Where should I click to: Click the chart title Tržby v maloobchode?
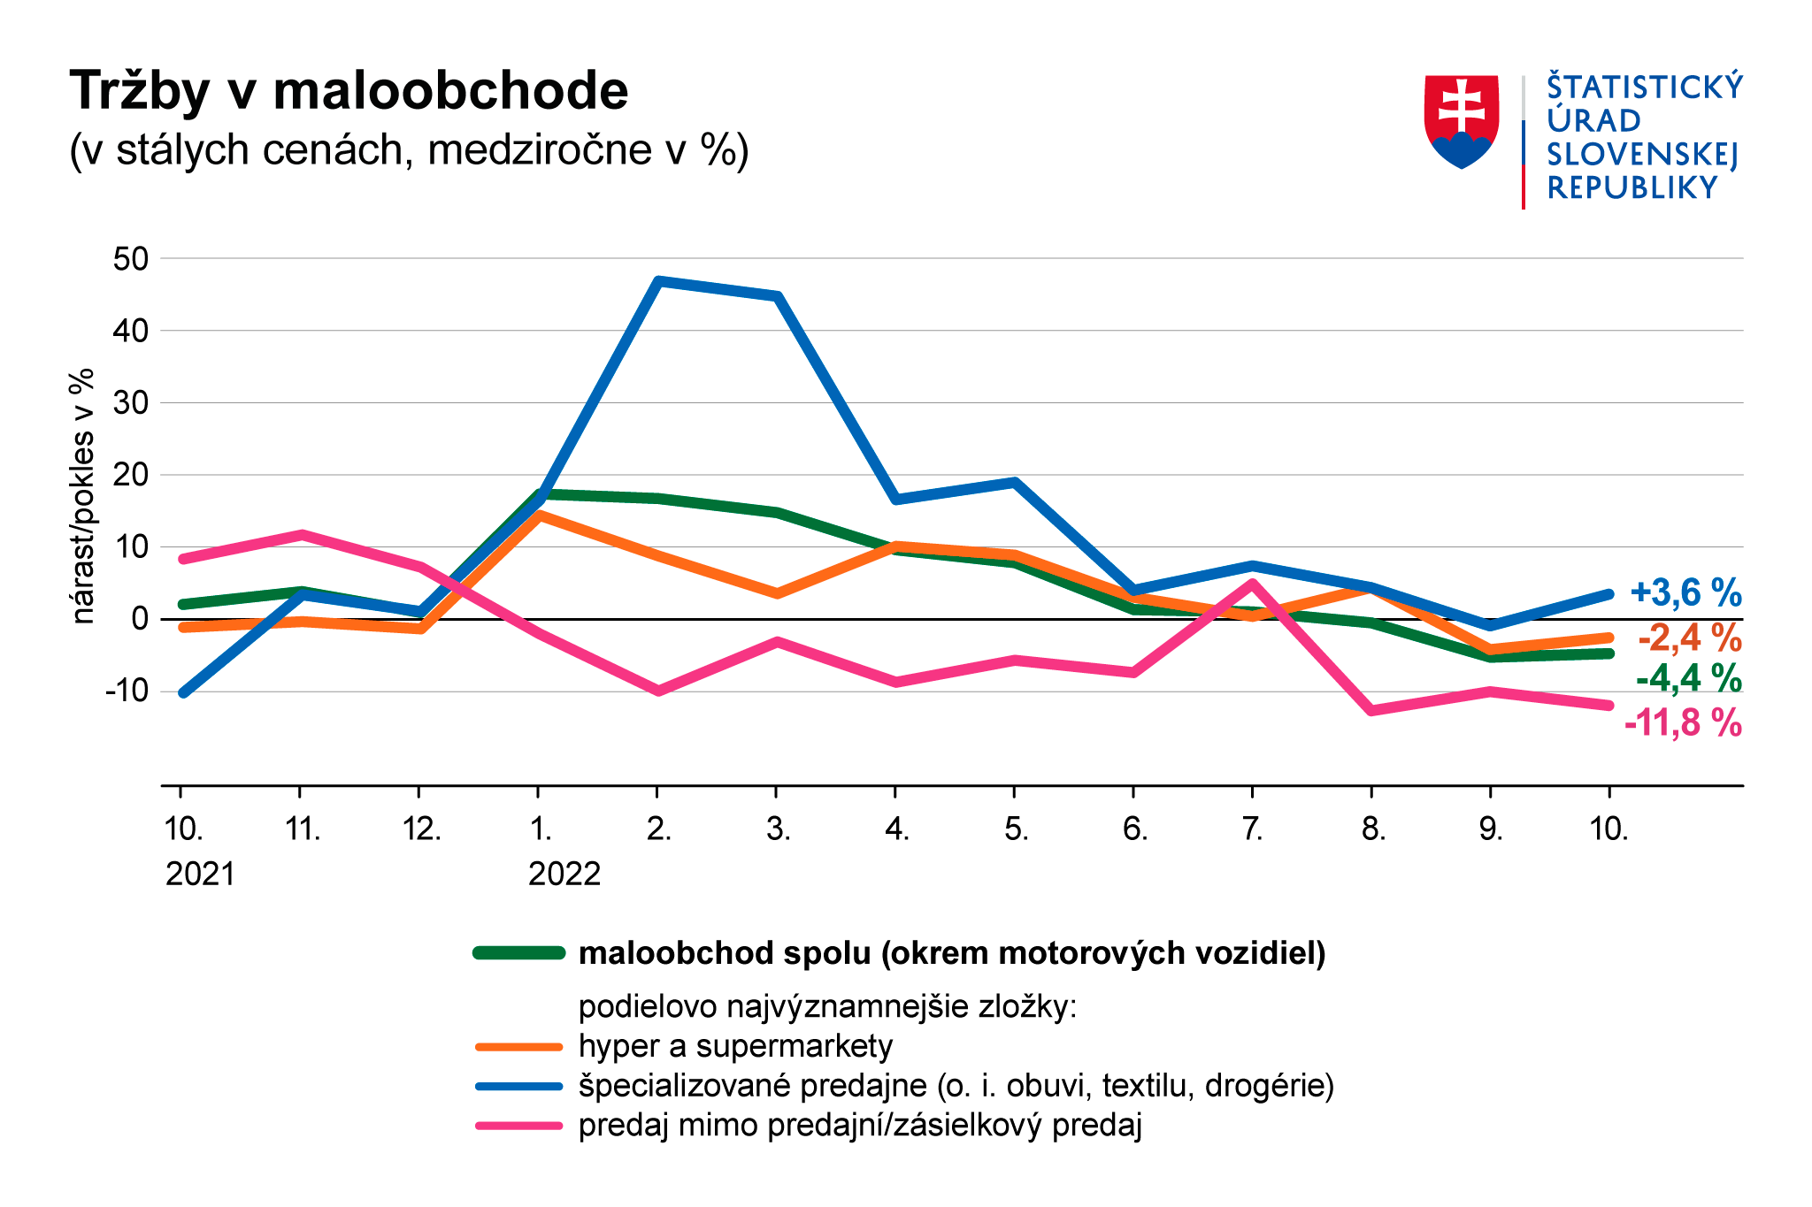[349, 91]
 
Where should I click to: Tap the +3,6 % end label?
[1685, 592]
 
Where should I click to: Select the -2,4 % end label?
[1689, 637]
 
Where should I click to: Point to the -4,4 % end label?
[1688, 679]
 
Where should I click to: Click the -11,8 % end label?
[1683, 723]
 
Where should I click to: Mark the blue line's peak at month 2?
[657, 281]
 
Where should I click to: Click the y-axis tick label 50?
[130, 259]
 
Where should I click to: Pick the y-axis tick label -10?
[127, 691]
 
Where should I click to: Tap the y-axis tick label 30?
[130, 402]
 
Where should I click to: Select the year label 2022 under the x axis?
[564, 874]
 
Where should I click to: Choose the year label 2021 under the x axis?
[201, 874]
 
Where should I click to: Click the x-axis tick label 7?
[1252, 829]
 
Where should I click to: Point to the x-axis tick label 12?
[421, 829]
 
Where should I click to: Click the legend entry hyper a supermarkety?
[735, 1046]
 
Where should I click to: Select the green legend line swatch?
[518, 953]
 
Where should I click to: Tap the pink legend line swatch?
[518, 1126]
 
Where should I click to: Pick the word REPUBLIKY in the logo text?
[1632, 188]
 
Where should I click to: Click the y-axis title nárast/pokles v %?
[83, 496]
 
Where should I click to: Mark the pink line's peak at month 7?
[1252, 582]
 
